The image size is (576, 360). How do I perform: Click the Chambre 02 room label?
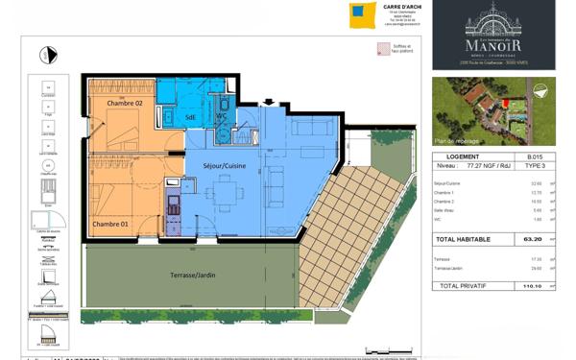[x=124, y=102]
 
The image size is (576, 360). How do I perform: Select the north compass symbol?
[x=45, y=55]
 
